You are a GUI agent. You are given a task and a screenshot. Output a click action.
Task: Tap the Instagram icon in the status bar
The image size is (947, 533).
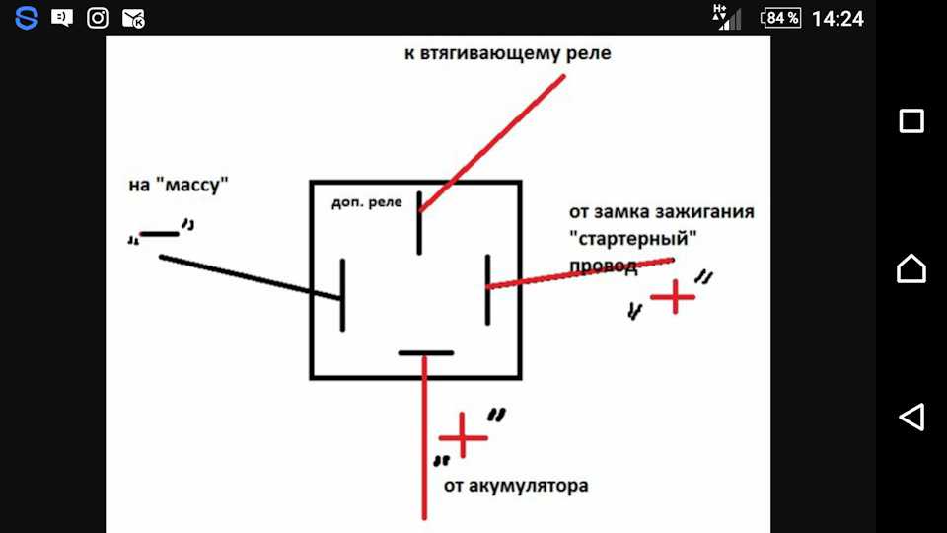click(98, 18)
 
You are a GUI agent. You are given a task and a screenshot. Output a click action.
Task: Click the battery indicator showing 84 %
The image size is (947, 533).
click(780, 18)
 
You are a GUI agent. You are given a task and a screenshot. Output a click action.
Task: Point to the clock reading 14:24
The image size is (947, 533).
click(838, 19)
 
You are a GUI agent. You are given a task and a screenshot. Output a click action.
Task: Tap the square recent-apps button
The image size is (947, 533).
click(911, 120)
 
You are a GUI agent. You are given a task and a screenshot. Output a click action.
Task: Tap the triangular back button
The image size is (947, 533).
click(911, 417)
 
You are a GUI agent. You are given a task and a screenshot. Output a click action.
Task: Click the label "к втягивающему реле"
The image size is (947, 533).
click(507, 53)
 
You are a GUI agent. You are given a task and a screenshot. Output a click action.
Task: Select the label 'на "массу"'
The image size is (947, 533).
click(179, 185)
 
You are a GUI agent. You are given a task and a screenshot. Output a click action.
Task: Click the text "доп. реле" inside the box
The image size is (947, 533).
click(367, 203)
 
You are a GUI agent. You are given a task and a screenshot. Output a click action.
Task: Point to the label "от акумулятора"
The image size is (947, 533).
click(516, 486)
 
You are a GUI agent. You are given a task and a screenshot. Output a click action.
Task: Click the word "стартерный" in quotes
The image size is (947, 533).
click(633, 238)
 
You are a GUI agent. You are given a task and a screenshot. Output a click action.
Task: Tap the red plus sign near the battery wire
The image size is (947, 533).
click(463, 436)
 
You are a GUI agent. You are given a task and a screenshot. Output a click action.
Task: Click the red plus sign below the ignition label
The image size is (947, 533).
click(673, 296)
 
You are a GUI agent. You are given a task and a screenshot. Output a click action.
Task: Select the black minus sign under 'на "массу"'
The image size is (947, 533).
click(160, 234)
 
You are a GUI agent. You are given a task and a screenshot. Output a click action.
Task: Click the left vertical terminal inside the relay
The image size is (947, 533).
click(342, 295)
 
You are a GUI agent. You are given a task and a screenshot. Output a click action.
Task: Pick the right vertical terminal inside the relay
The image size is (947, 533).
click(487, 290)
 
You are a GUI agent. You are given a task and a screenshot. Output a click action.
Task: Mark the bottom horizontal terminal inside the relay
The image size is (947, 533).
click(426, 353)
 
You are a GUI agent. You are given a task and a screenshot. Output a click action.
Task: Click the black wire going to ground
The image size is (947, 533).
click(250, 277)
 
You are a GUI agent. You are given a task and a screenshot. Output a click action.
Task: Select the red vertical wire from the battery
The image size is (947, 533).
click(424, 437)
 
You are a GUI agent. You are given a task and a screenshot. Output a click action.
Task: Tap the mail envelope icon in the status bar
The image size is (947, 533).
click(133, 19)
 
